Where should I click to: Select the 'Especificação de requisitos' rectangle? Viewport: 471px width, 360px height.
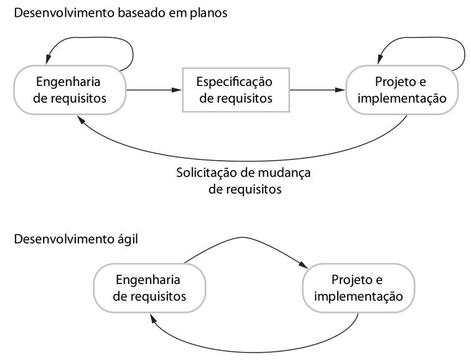(235, 90)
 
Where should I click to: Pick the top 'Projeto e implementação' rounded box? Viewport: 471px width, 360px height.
(403, 90)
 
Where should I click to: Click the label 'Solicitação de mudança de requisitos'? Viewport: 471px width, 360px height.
(244, 180)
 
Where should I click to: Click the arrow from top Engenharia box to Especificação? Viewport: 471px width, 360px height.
(153, 90)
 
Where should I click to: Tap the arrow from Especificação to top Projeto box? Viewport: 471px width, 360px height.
(317, 90)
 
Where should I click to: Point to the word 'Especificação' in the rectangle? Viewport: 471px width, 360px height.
(235, 82)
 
